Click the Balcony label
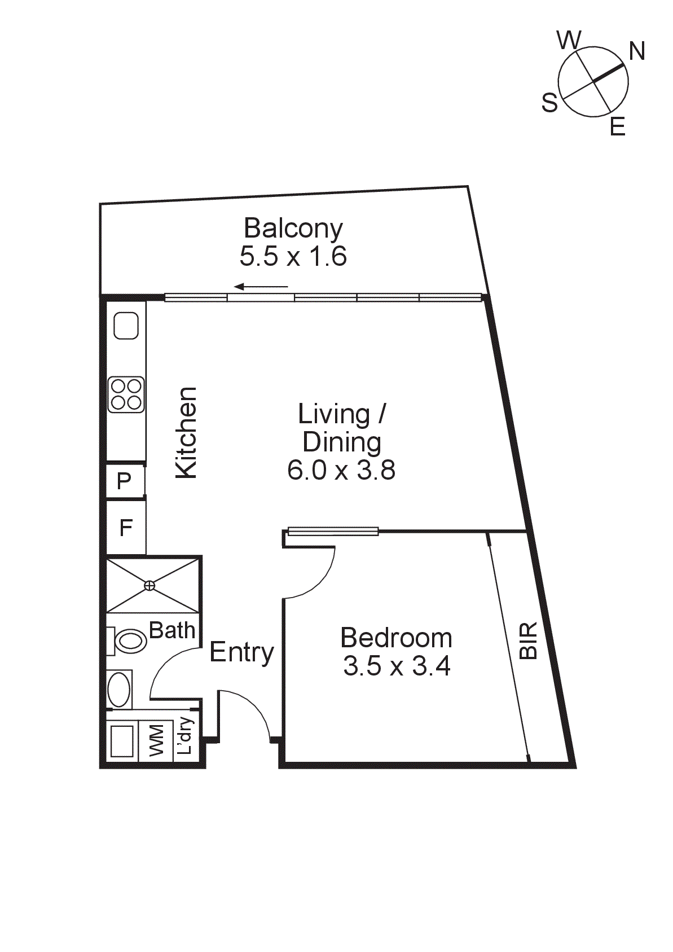click(x=293, y=229)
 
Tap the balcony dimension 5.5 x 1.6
click(x=293, y=257)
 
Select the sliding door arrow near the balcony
click(x=261, y=287)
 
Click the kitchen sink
click(x=126, y=326)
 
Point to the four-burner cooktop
click(x=126, y=394)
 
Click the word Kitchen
click(x=187, y=433)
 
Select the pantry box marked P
click(x=125, y=481)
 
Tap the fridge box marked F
click(x=126, y=528)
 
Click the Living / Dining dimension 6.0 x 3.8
click(x=341, y=470)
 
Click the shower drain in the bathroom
click(x=149, y=585)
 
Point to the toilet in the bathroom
click(x=128, y=641)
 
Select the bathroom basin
click(x=119, y=690)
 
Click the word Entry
click(x=241, y=652)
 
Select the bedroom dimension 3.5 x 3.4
click(x=397, y=666)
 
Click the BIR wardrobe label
click(x=529, y=641)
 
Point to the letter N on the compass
click(x=637, y=51)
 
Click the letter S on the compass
click(x=549, y=103)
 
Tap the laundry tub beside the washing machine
click(x=122, y=741)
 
